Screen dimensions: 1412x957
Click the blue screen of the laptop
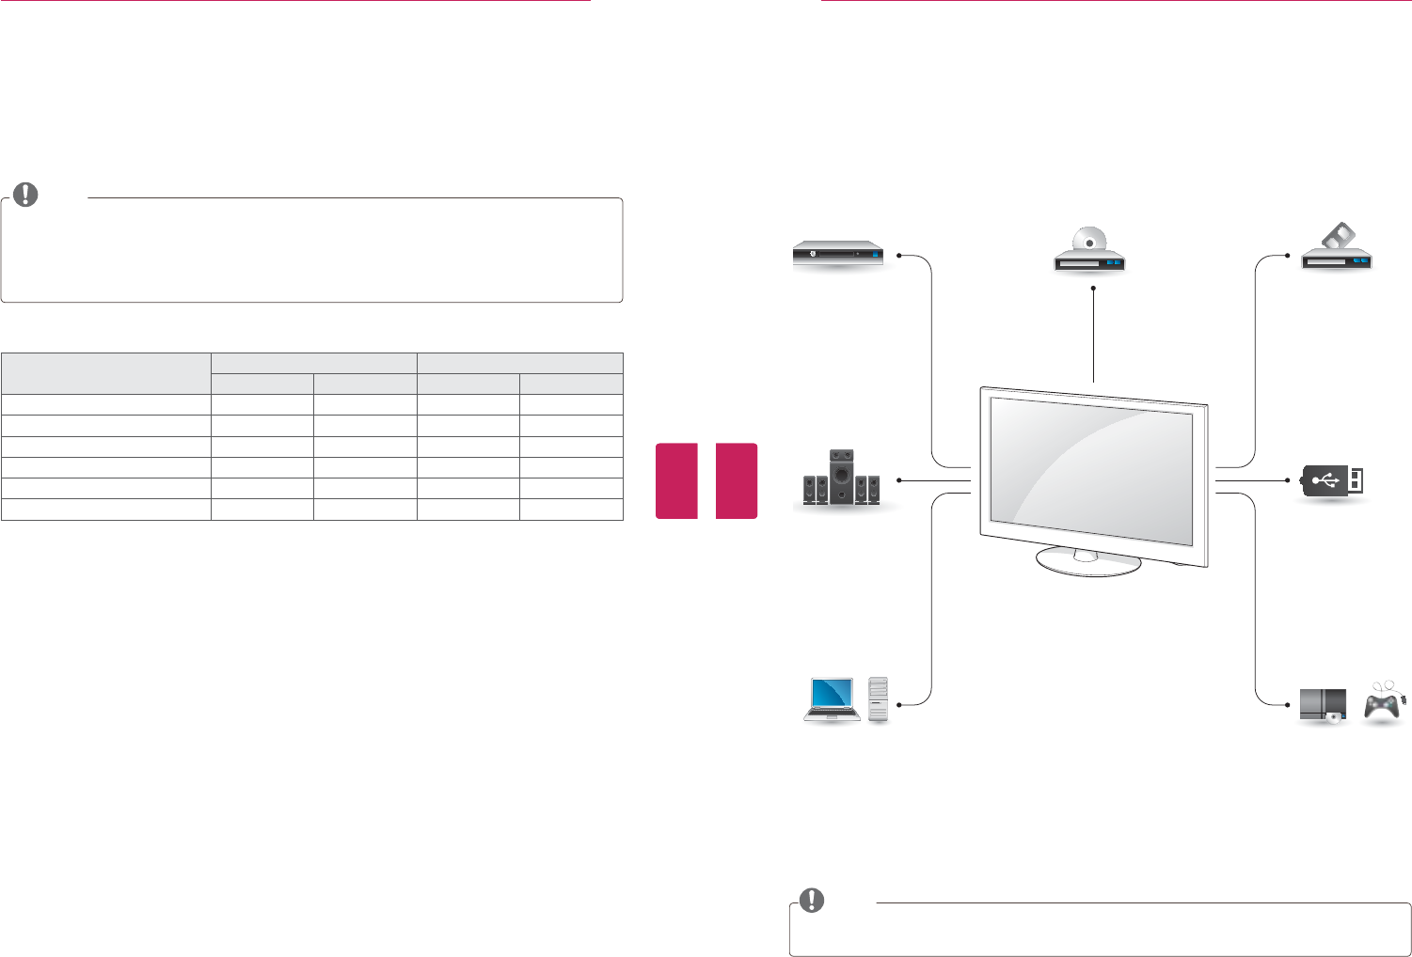click(833, 696)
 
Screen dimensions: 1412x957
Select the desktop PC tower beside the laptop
click(879, 700)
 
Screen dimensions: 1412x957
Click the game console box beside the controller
click(1323, 705)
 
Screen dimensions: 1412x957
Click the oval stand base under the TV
click(1087, 561)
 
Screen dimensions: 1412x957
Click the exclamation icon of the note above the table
click(26, 195)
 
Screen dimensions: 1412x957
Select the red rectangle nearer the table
click(675, 480)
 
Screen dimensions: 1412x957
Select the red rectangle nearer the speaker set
click(737, 480)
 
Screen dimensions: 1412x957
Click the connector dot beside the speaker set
click(898, 480)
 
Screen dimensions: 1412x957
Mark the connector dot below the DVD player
click(1094, 289)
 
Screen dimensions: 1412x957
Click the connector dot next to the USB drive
click(1287, 480)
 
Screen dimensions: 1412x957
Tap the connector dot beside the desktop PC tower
click(899, 703)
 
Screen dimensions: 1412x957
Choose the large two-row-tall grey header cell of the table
click(105, 373)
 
